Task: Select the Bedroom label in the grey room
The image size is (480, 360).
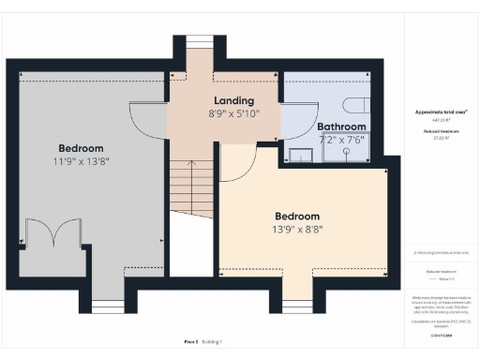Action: (81, 148)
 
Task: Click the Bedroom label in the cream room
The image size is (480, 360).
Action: (296, 216)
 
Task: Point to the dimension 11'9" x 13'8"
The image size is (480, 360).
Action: (81, 161)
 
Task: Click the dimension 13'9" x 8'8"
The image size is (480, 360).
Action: (296, 229)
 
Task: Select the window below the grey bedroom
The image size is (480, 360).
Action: (108, 306)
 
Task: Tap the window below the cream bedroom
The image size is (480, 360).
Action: (297, 306)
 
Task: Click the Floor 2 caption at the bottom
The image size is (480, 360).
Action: (190, 342)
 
